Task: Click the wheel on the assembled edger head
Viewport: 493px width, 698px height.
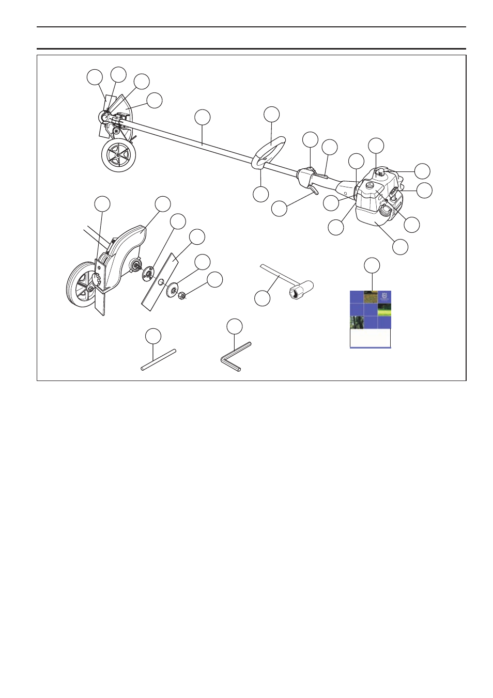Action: pos(118,155)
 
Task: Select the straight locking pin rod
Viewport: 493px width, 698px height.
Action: pos(159,360)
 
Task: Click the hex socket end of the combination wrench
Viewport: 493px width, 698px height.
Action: pos(301,290)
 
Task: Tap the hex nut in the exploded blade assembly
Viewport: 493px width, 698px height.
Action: pos(182,296)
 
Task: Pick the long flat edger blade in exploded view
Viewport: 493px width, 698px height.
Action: pos(160,284)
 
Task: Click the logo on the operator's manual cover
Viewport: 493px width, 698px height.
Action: pos(384,296)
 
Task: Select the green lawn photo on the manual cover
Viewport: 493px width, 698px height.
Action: pos(384,310)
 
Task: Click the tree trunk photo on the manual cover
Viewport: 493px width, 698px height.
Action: pos(357,323)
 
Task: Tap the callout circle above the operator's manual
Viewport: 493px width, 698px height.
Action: pos(372,265)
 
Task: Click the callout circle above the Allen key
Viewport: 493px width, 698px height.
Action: pos(235,326)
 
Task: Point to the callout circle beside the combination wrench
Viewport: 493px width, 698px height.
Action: pos(263,298)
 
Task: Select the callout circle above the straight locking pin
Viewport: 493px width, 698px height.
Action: pos(153,336)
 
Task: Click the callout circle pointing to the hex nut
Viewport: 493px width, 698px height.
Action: pos(214,280)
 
